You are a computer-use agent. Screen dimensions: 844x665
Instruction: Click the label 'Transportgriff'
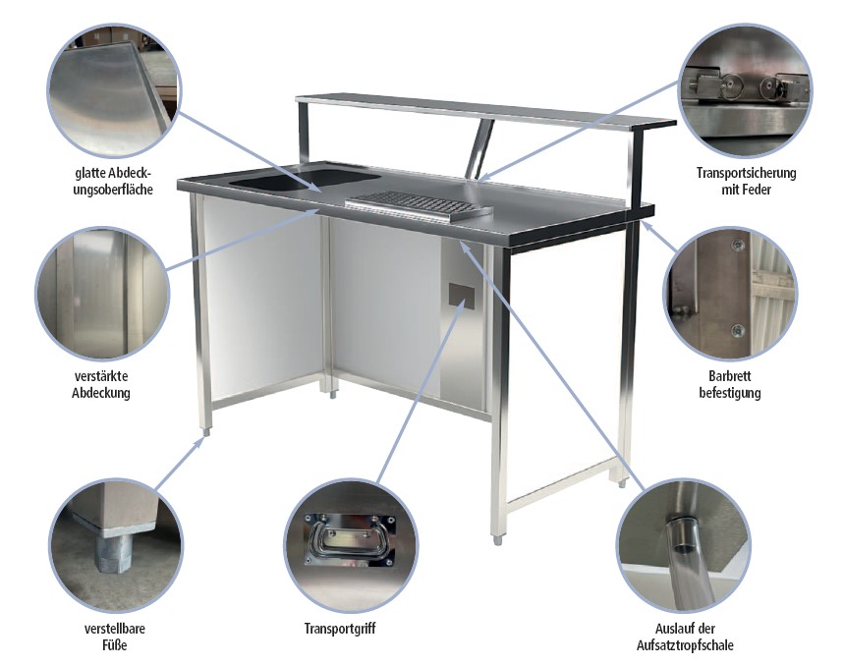point(340,629)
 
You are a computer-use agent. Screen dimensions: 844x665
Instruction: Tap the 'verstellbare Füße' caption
point(115,636)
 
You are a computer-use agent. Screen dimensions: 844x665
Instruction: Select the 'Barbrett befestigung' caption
point(730,384)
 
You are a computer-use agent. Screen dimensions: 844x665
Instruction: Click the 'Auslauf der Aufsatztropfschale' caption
point(685,637)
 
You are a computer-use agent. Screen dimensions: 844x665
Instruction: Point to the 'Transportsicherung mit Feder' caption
point(746,181)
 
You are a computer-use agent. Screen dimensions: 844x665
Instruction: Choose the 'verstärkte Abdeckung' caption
point(101,384)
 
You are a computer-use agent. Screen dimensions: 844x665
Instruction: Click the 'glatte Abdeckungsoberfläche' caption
point(113,181)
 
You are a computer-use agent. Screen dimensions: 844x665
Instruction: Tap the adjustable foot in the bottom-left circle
point(113,549)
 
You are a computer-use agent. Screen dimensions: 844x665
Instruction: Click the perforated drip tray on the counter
point(419,205)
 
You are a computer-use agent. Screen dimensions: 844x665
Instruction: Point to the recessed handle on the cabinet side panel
point(462,294)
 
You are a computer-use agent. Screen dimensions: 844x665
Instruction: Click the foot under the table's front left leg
point(207,431)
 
